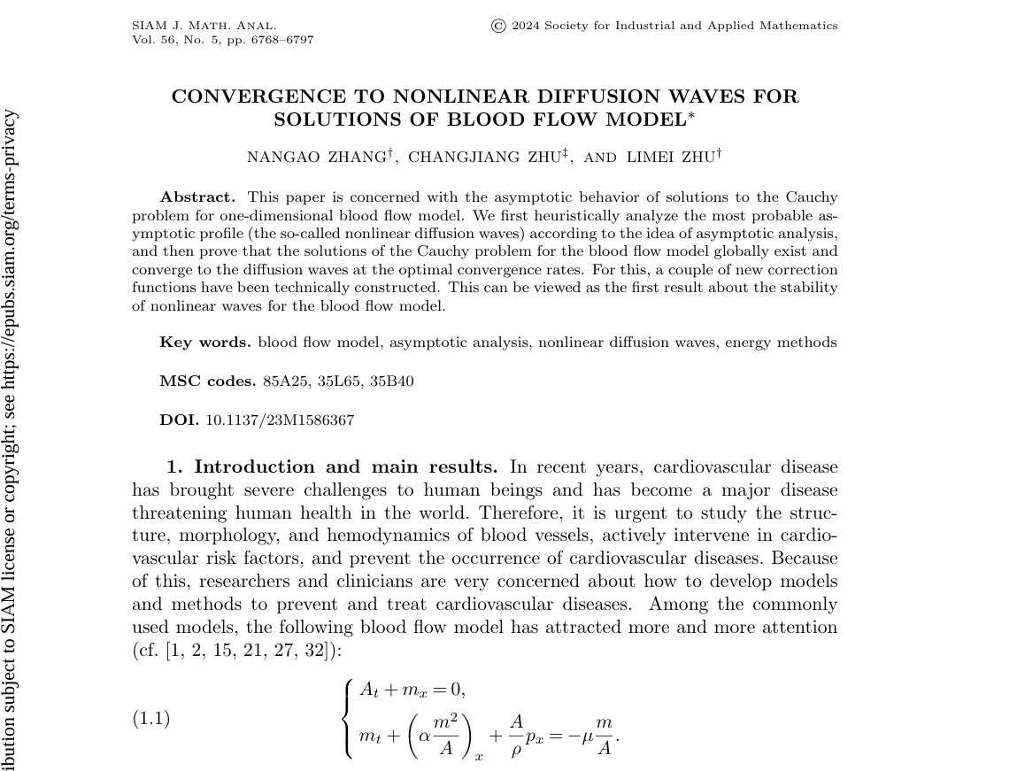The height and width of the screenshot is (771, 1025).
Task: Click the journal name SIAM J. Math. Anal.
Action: (x=204, y=26)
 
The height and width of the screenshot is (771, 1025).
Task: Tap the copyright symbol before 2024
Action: (x=498, y=26)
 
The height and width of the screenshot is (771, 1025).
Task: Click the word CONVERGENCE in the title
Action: (x=257, y=96)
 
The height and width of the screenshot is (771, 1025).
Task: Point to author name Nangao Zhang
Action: (x=316, y=158)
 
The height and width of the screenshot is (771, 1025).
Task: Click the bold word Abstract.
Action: (x=197, y=197)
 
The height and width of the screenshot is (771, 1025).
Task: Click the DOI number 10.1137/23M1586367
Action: (x=280, y=420)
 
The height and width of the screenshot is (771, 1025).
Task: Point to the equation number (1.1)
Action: (x=150, y=718)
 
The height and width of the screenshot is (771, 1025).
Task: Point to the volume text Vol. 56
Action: (x=155, y=40)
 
